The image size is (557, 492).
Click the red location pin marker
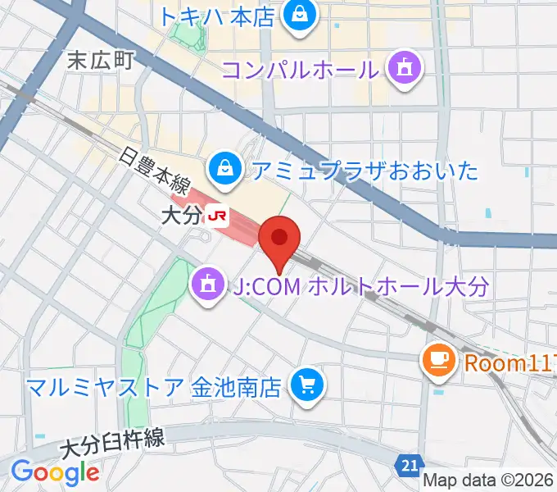278,239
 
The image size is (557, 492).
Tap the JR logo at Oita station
218,216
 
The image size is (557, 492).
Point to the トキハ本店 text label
216,16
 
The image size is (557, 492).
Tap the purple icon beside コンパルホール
404,68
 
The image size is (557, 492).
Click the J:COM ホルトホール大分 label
360,287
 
